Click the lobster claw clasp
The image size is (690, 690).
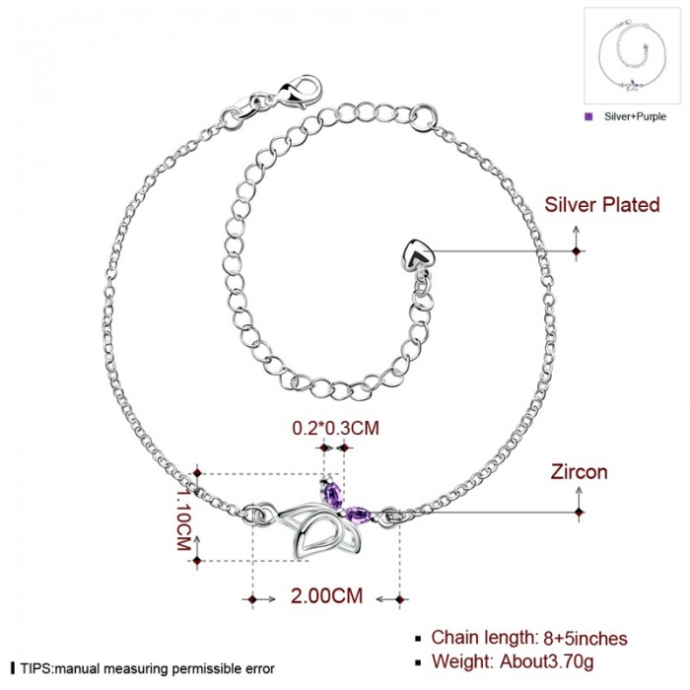tap(300, 92)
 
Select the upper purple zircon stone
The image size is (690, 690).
tap(333, 493)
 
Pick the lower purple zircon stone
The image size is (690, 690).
tap(359, 514)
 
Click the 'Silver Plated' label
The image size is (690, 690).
tap(602, 205)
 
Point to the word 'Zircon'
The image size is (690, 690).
tap(580, 472)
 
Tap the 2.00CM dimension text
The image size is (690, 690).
tap(326, 595)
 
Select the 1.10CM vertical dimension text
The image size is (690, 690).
tap(183, 517)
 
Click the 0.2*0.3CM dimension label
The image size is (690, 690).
tap(335, 428)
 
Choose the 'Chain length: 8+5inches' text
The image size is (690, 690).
tap(529, 638)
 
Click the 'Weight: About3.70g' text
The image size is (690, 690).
tap(514, 661)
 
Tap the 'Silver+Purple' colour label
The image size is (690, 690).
tap(635, 116)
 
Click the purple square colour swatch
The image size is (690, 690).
tap(588, 116)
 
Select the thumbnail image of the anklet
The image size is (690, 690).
tap(631, 56)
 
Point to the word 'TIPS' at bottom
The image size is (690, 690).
tap(35, 669)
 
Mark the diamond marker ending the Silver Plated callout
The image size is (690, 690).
tap(577, 251)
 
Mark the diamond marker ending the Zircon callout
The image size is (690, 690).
tap(580, 513)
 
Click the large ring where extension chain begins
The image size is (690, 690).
tap(423, 117)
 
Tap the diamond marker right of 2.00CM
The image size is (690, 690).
tap(399, 599)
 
